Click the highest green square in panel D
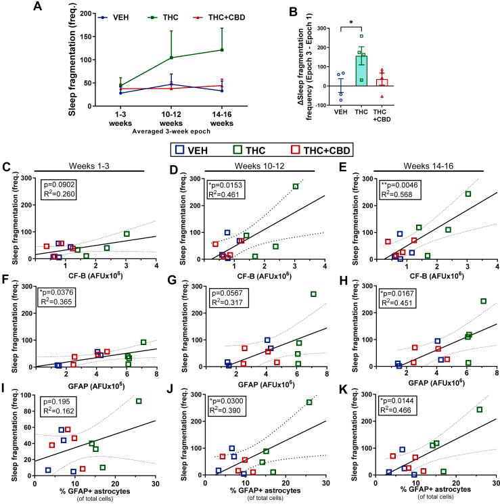pyautogui.click(x=295, y=186)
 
